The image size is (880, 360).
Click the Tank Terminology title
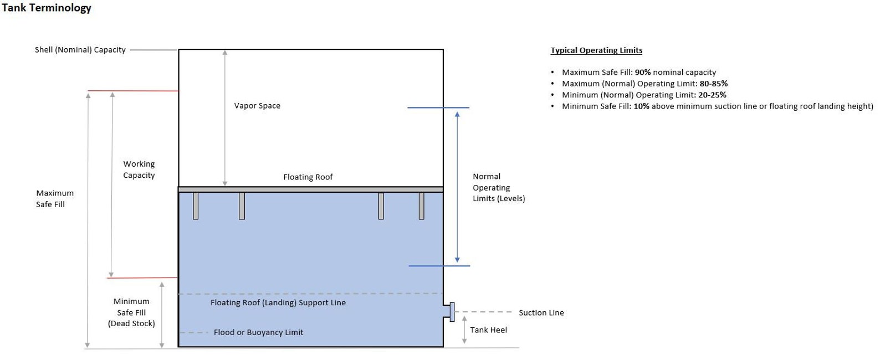click(x=47, y=8)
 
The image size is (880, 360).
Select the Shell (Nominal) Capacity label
click(x=80, y=50)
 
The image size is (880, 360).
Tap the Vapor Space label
click(x=257, y=106)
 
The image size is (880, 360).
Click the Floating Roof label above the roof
click(x=308, y=177)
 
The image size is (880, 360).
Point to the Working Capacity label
click(x=139, y=169)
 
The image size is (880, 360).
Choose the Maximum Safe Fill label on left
click(x=54, y=199)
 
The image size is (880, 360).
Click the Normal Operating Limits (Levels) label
click(x=498, y=187)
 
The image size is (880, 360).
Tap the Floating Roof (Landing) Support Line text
click(x=278, y=303)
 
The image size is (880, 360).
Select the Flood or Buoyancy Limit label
click(x=258, y=333)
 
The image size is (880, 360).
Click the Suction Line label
click(x=541, y=313)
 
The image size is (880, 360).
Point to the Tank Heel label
click(x=488, y=330)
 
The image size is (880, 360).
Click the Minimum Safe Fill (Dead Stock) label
click(x=131, y=312)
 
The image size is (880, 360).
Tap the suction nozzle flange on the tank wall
click(x=452, y=312)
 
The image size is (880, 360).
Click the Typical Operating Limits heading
click(x=596, y=50)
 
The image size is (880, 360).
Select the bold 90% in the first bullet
click(x=643, y=73)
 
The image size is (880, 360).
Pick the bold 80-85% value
click(x=714, y=84)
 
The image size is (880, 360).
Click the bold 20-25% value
click(x=712, y=95)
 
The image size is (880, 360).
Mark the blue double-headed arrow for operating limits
click(x=457, y=187)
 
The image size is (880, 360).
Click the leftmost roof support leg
click(x=196, y=205)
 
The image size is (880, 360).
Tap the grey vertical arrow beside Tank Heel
click(x=464, y=330)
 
